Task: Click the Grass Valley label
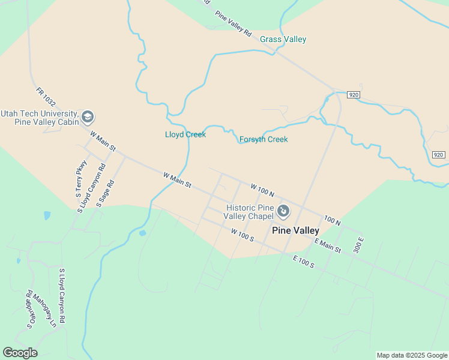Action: click(x=283, y=40)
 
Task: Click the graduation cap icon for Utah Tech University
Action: click(x=88, y=116)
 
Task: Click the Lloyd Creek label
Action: click(x=185, y=134)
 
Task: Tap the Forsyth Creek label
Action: click(x=264, y=140)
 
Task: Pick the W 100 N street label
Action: click(x=262, y=190)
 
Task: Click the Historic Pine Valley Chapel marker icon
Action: click(x=284, y=211)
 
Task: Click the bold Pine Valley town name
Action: click(x=295, y=230)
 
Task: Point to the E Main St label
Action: click(x=328, y=245)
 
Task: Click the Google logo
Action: click(x=20, y=353)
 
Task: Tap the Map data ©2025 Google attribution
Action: click(x=412, y=355)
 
